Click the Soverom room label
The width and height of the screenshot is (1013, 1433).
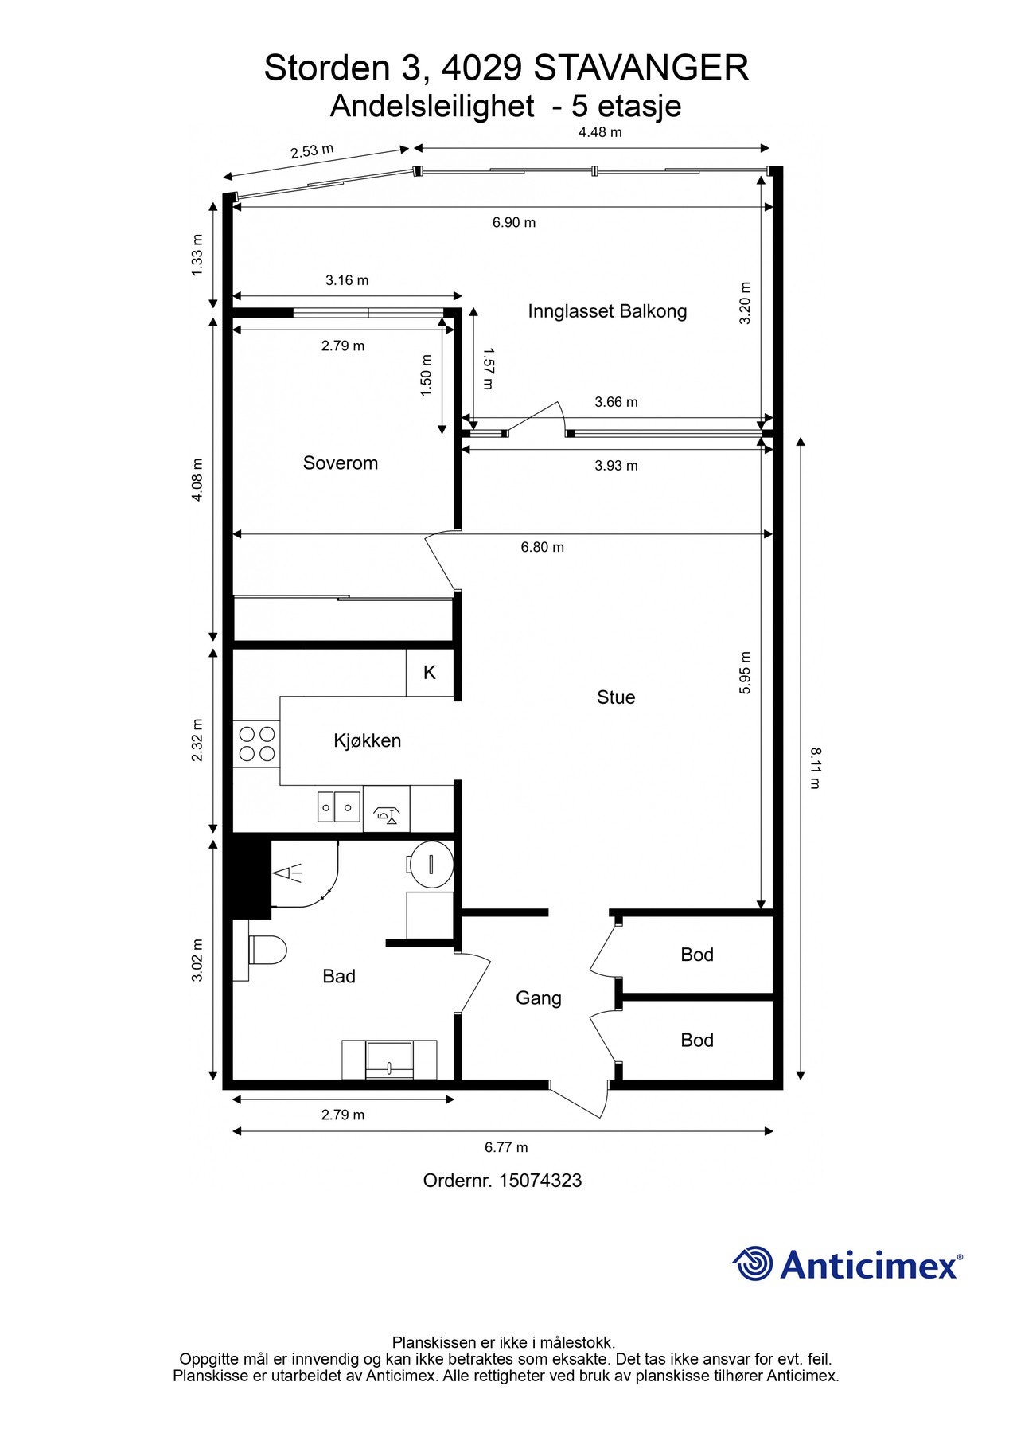point(340,463)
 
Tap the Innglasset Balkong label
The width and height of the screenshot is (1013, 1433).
point(607,311)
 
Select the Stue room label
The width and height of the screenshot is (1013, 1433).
point(616,697)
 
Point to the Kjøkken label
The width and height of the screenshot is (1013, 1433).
point(367,741)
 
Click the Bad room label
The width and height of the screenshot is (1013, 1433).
point(339,976)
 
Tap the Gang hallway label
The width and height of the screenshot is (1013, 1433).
point(539,998)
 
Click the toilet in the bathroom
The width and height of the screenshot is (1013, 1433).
point(267,950)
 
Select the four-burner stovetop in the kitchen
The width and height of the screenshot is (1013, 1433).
point(256,744)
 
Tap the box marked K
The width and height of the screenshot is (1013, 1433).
point(430,674)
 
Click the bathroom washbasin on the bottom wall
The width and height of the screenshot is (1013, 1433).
point(389,1060)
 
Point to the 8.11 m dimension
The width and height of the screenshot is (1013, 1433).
point(815,767)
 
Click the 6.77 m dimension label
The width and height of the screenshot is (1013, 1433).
point(506,1147)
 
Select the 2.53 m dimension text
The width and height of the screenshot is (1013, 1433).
point(312,151)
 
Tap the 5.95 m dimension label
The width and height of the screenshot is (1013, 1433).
point(745,673)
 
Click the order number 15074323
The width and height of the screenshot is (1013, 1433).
point(540,1181)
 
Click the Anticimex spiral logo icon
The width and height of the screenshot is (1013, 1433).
point(752,1263)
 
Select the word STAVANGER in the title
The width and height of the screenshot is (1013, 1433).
point(641,68)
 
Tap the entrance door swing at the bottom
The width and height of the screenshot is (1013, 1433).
point(579,1099)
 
